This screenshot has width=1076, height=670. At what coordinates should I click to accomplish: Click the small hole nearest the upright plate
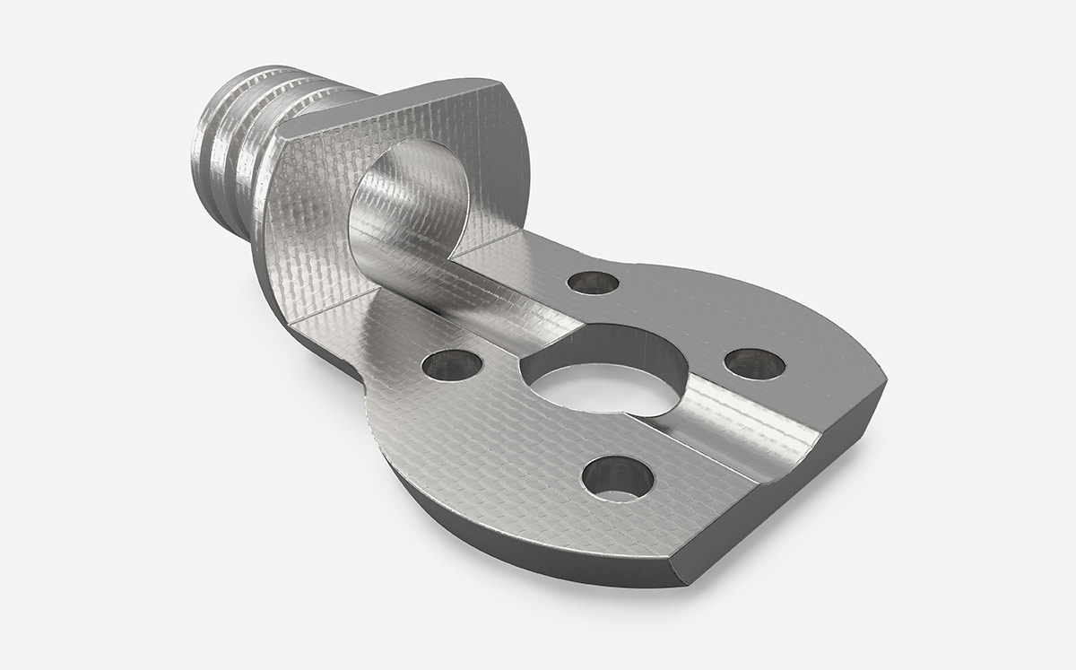(594, 283)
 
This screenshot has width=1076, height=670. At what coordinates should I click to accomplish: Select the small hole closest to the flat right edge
(754, 362)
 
